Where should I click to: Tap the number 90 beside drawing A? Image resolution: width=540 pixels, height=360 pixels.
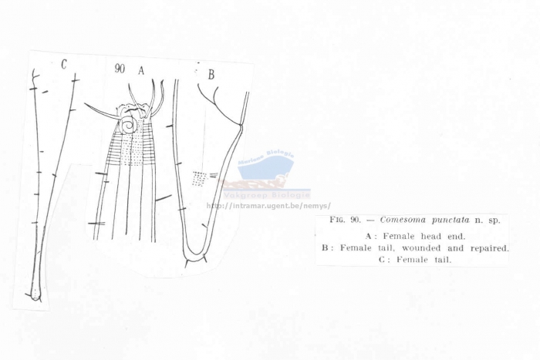point(120,69)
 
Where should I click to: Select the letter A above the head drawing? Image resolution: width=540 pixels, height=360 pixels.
point(141,69)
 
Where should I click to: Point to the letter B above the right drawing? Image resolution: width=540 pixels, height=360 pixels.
point(211,75)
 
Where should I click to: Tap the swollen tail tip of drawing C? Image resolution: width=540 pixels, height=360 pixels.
point(34,293)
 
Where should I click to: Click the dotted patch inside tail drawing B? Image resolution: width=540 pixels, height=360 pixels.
point(199,178)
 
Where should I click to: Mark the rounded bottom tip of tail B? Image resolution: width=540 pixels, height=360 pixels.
point(195,259)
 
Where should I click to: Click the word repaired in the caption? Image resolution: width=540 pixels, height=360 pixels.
point(487,248)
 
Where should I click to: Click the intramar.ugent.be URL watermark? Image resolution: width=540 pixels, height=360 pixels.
point(268,206)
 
